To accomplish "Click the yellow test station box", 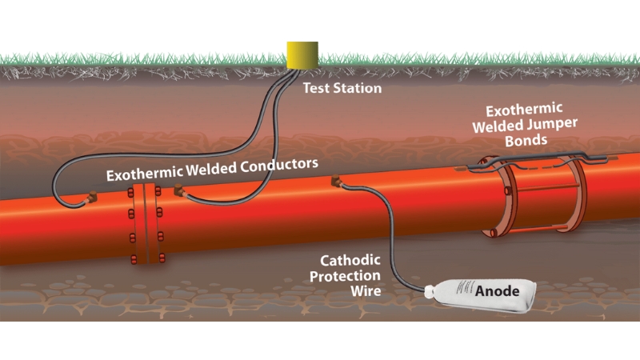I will pos(302,55).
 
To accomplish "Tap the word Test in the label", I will pos(317,88).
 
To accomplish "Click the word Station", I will pos(357,88).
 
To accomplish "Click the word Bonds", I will pos(525,139).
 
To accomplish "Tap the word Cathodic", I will pos(349,260).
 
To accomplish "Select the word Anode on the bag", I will pos(498,290).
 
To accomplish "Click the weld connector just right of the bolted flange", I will pos(178,192).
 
